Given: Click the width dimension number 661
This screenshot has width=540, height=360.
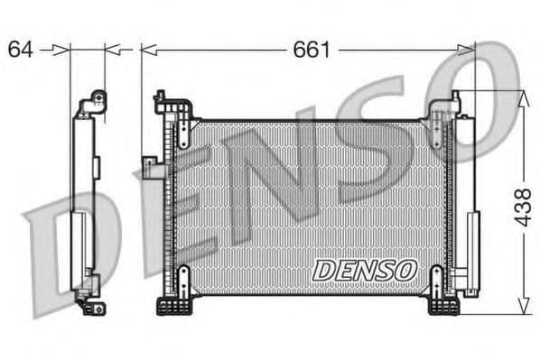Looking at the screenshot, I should [311, 49].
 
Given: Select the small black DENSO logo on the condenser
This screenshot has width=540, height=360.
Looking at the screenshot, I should [364, 269].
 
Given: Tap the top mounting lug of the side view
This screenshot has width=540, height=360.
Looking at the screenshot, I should [94, 103].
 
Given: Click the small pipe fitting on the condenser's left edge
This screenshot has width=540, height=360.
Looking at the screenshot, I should [149, 162].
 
